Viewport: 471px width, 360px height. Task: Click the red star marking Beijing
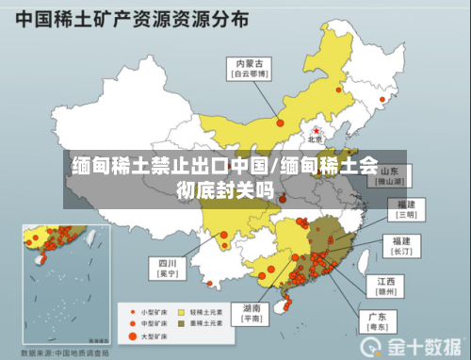(x=317, y=129)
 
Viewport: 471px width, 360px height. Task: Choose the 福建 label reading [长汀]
(x=402, y=246)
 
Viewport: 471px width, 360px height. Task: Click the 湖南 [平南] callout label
(x=252, y=313)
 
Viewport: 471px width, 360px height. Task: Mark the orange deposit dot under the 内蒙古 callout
(x=280, y=121)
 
